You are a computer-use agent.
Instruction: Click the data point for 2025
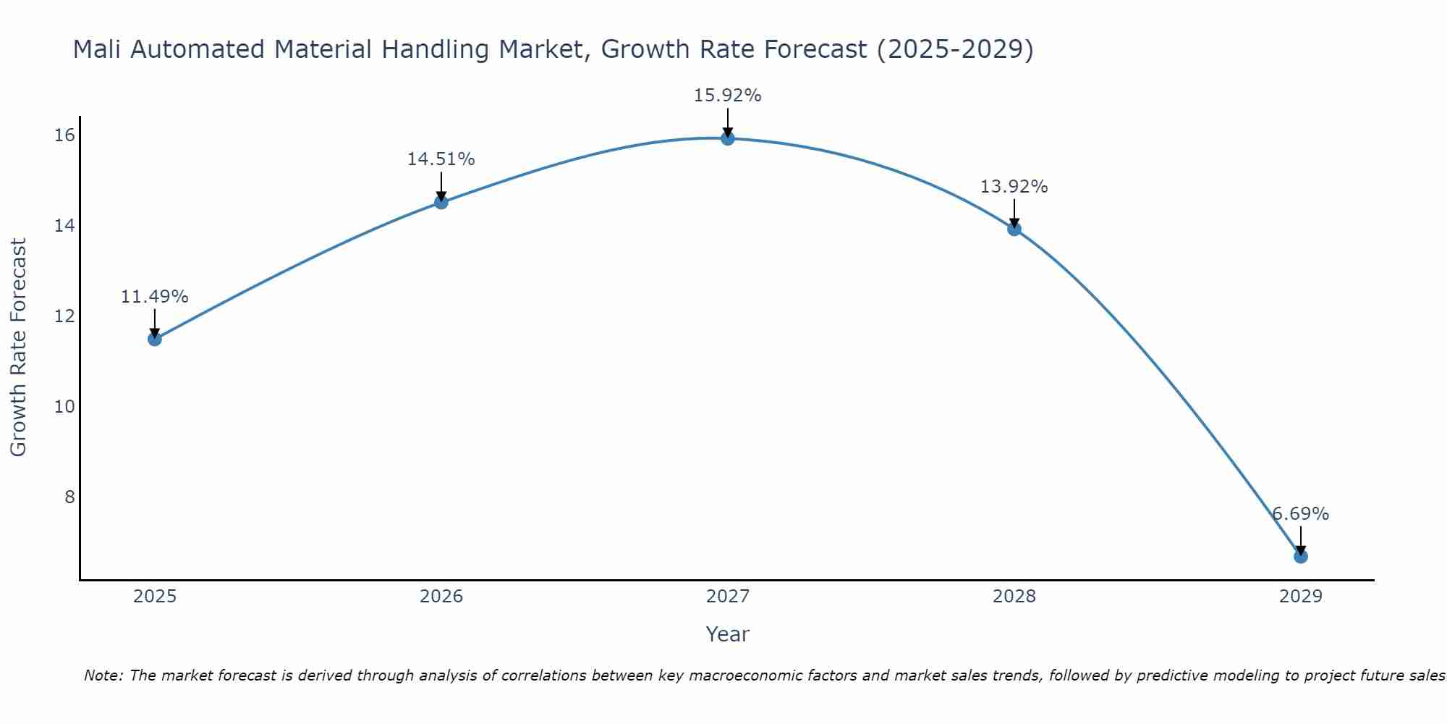[155, 339]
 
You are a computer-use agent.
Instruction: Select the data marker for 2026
[441, 202]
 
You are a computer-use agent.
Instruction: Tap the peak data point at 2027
[728, 138]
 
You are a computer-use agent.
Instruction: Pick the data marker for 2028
[1014, 229]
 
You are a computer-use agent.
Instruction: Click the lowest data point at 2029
[1301, 556]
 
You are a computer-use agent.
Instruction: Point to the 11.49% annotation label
[154, 297]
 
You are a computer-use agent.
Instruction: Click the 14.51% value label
[441, 159]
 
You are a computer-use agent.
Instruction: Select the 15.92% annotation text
[727, 96]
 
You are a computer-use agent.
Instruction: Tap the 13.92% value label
[1014, 187]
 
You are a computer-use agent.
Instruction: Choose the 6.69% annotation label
[1301, 514]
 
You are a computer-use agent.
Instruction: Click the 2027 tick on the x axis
[728, 597]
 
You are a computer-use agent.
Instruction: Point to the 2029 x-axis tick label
[1301, 597]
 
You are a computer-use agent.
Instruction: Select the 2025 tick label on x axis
[155, 597]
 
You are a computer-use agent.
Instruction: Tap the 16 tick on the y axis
[65, 135]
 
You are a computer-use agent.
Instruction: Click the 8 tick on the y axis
[69, 497]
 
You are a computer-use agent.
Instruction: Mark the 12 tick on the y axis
[65, 316]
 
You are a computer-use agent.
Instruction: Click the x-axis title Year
[727, 634]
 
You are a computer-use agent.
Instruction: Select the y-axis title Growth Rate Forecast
[18, 348]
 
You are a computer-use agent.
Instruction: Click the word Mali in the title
[97, 49]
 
